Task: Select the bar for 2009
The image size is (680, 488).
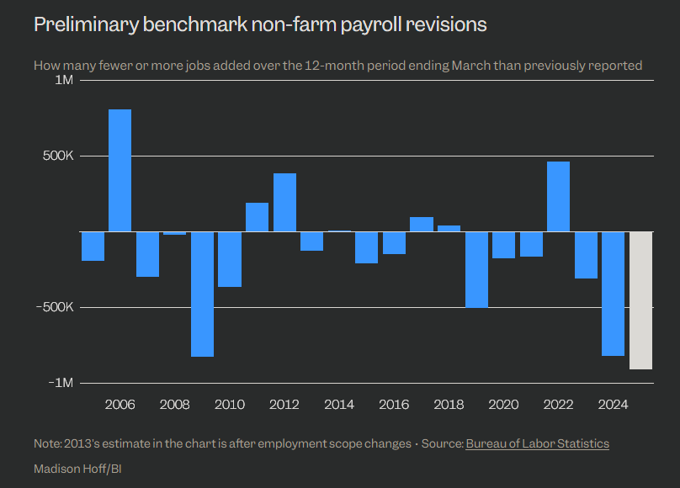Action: pyautogui.click(x=202, y=294)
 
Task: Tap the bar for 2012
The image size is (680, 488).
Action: pyautogui.click(x=284, y=202)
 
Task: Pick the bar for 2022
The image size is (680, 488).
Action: pyautogui.click(x=558, y=196)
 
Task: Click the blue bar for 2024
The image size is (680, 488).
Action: pyautogui.click(x=613, y=294)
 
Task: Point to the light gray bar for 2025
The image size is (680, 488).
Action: pyautogui.click(x=640, y=300)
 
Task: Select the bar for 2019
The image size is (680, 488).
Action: pyautogui.click(x=476, y=269)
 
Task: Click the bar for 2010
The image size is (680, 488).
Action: pyautogui.click(x=230, y=259)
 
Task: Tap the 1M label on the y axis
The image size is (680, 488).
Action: pyautogui.click(x=65, y=80)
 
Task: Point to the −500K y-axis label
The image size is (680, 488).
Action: pyautogui.click(x=56, y=307)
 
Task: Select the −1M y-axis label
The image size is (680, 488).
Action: pyautogui.click(x=61, y=383)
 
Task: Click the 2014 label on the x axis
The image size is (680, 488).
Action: pyautogui.click(x=339, y=405)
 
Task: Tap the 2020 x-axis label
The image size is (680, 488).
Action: pyautogui.click(x=503, y=405)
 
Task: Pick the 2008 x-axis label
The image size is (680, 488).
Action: pyautogui.click(x=175, y=405)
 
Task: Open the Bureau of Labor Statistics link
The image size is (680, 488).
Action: pyautogui.click(x=537, y=443)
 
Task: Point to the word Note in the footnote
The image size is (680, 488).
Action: pyautogui.click(x=46, y=443)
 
